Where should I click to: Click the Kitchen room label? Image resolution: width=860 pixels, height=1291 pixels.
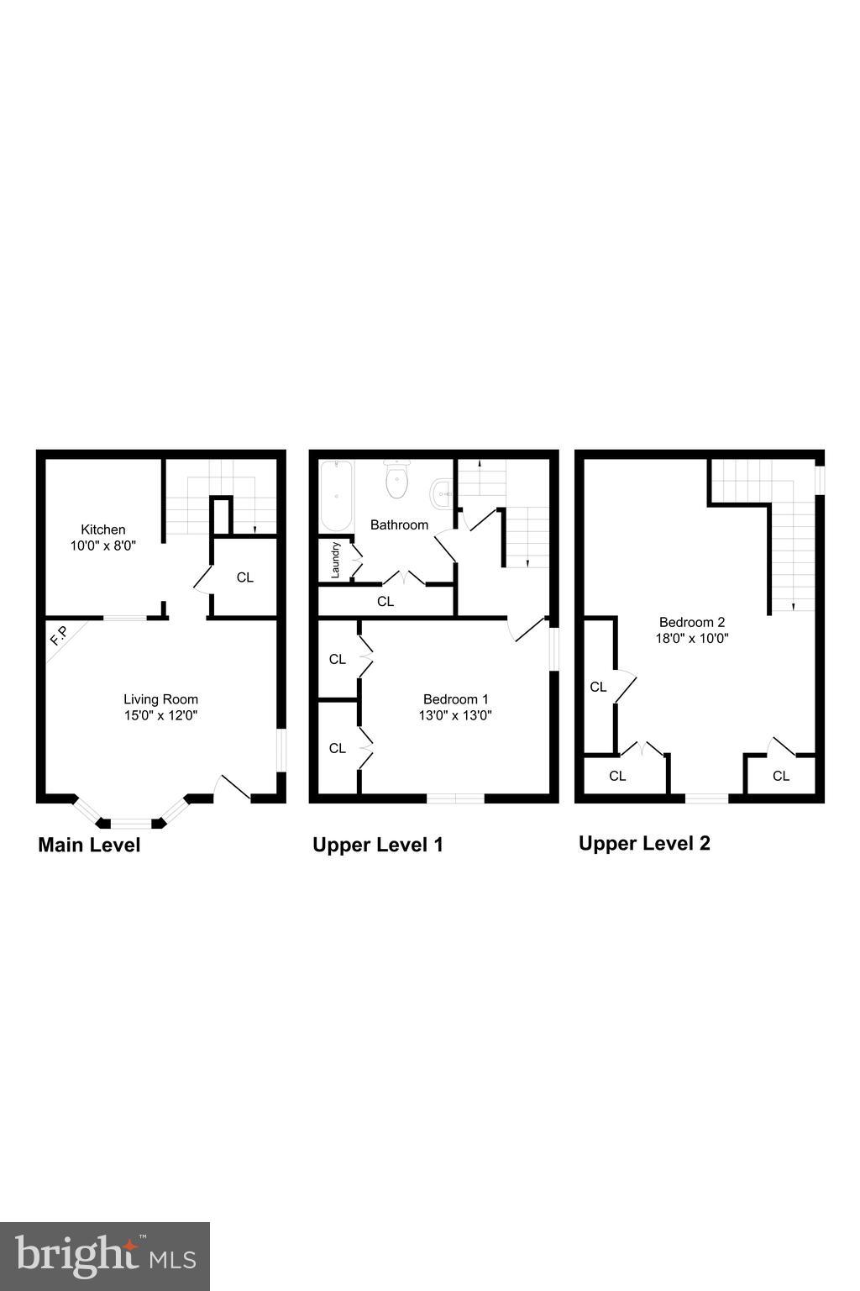point(103,530)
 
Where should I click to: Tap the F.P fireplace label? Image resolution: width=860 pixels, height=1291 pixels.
point(59,636)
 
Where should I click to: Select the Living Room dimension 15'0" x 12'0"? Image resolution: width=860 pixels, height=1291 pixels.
point(160,716)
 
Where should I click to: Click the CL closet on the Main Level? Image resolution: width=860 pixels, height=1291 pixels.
point(244,577)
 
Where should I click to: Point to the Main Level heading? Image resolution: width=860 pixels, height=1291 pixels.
point(89,845)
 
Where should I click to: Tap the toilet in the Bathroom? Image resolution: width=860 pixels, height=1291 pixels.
point(396,480)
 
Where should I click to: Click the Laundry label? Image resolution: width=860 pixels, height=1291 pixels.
point(335,560)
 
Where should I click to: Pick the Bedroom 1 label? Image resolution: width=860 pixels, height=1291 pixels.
point(455,699)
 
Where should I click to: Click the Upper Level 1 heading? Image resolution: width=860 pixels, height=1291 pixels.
point(377,845)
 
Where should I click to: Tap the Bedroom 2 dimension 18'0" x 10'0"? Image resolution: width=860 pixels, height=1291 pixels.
point(692,638)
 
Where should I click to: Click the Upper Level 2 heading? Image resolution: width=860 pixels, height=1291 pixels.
point(644,843)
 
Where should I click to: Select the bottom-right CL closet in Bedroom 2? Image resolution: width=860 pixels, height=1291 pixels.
point(780,776)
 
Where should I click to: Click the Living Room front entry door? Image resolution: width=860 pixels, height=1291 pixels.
point(233,788)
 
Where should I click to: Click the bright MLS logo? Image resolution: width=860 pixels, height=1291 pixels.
point(105,1257)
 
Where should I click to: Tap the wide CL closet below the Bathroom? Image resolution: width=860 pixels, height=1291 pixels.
point(385,602)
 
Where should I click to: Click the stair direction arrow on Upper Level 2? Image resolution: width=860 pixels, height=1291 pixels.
point(793,606)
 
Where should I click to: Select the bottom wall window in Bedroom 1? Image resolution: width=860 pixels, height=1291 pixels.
point(455,798)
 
